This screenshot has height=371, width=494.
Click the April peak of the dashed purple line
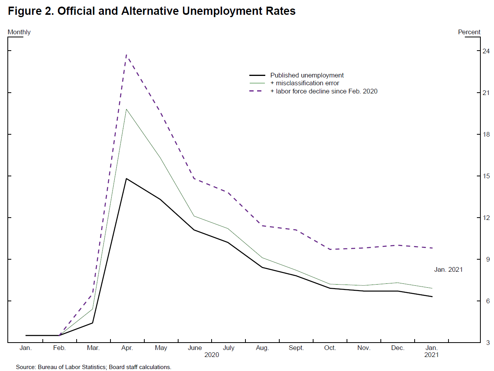[126, 55]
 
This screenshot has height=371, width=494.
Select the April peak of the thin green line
[126, 109]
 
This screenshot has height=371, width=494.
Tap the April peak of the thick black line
[126, 179]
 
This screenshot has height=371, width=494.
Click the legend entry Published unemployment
[307, 75]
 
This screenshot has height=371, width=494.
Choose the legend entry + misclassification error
[305, 83]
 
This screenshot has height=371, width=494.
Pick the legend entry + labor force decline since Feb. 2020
[324, 91]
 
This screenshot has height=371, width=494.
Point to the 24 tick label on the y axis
[486, 51]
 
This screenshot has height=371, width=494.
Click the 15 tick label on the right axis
[486, 176]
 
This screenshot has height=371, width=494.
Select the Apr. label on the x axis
[127, 348]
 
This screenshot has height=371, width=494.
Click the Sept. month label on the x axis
[296, 348]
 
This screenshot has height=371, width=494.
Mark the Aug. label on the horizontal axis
[263, 348]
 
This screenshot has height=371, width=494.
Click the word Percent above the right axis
[469, 32]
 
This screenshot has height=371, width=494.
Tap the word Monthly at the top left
[19, 32]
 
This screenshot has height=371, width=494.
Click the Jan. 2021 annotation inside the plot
[448, 269]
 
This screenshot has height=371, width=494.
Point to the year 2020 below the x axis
[212, 355]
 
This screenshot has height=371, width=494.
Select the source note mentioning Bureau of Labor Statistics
[93, 367]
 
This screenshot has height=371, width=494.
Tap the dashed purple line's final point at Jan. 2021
[432, 248]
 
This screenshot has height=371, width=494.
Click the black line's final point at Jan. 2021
[432, 297]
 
